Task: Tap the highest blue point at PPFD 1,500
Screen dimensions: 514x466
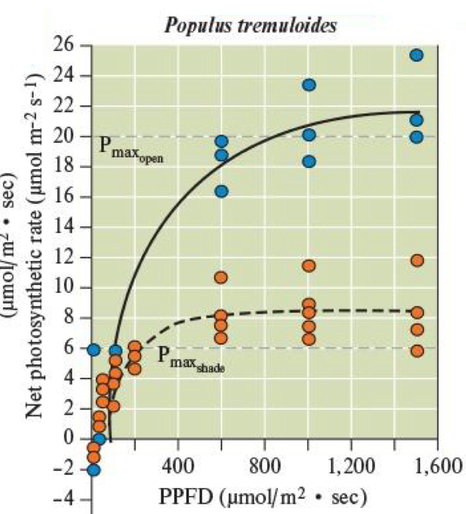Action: pyautogui.click(x=417, y=55)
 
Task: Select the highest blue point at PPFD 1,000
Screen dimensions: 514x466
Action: pyautogui.click(x=309, y=85)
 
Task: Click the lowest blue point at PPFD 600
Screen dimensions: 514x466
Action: pyautogui.click(x=221, y=191)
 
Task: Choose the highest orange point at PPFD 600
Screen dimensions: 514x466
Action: pyautogui.click(x=221, y=277)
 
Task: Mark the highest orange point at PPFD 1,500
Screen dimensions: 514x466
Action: pyautogui.click(x=417, y=261)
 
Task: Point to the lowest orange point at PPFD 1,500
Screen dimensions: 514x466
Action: pyautogui.click(x=417, y=351)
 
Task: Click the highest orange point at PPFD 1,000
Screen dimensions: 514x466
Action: pyautogui.click(x=309, y=266)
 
